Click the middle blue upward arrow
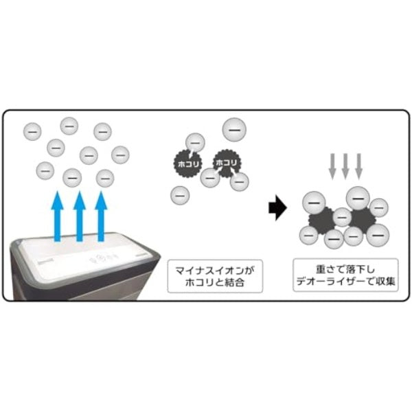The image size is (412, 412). click(80, 216)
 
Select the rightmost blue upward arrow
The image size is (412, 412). click(102, 216)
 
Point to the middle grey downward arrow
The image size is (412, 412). click(346, 166)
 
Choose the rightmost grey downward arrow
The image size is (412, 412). click(359, 166)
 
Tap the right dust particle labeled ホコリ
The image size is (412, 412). click(225, 162)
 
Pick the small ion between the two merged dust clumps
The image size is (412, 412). click(341, 218)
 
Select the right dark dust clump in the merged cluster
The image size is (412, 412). click(362, 219)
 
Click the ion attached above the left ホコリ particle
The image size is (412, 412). click(195, 141)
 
